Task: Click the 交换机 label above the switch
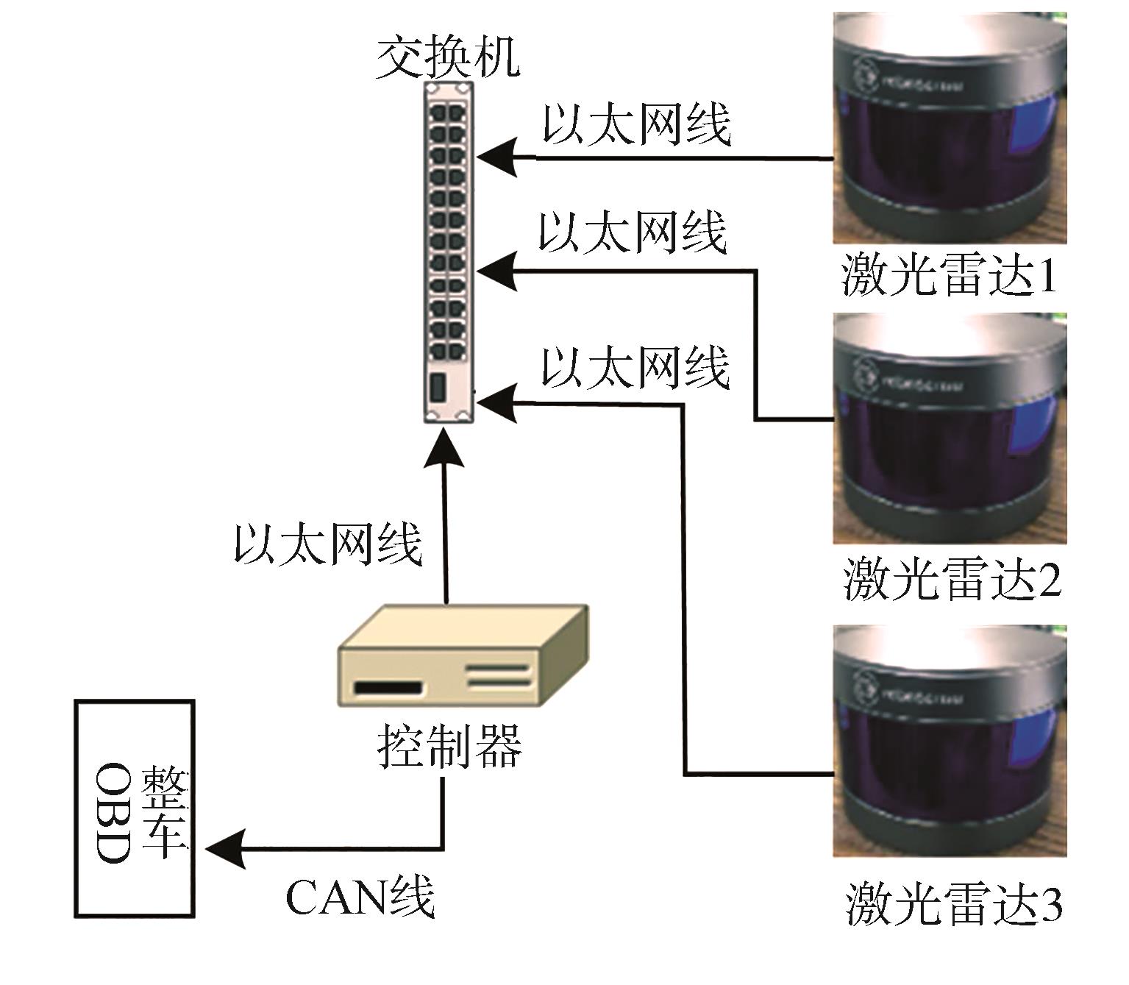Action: (448, 58)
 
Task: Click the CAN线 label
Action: (360, 897)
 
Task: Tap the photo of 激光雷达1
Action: (949, 129)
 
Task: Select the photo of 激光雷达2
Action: (949, 428)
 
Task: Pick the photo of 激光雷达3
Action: (949, 741)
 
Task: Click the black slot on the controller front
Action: (389, 689)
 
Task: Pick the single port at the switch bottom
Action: (438, 388)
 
